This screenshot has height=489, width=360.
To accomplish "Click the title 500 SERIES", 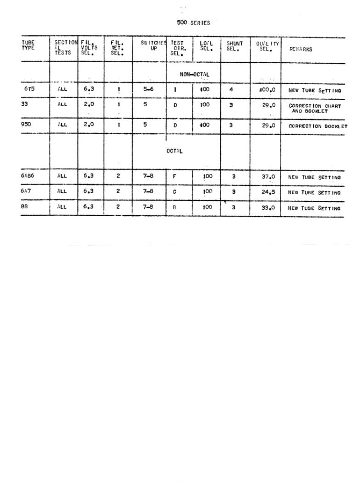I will tap(193, 23).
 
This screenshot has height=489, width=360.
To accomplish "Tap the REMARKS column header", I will tap(300, 49).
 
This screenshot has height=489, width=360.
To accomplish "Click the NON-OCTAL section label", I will tap(194, 74).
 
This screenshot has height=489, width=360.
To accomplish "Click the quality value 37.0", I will tap(268, 177).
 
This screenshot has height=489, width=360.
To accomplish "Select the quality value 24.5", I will tap(268, 192).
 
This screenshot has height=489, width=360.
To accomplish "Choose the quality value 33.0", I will tap(268, 207).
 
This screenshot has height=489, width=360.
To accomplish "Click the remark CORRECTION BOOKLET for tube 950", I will tap(318, 126).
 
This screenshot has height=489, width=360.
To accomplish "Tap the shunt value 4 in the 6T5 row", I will tap(231, 90).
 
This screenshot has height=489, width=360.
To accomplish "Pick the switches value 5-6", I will tap(148, 90).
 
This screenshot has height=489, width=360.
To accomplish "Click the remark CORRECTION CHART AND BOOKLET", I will tap(315, 109).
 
